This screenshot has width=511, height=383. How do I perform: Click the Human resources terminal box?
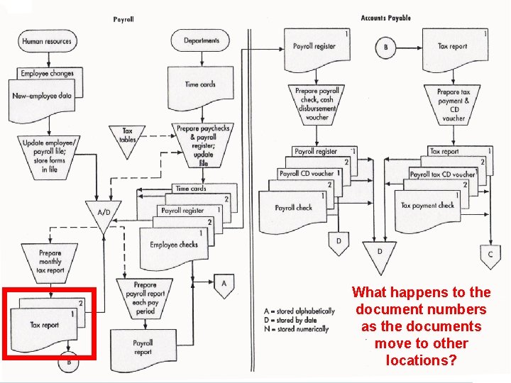pyautogui.click(x=47, y=41)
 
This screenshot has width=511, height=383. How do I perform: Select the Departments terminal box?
pyautogui.click(x=202, y=40)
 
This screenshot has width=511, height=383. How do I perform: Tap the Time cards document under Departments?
pyautogui.click(x=200, y=85)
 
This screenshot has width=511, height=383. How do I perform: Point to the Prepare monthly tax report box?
pyautogui.click(x=50, y=261)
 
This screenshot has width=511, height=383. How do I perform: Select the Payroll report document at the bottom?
pyautogui.click(x=143, y=348)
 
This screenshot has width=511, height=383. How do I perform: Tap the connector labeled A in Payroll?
pyautogui.click(x=224, y=284)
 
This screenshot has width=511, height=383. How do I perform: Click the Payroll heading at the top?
pyautogui.click(x=123, y=19)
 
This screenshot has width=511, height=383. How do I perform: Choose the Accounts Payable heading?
pyautogui.click(x=385, y=18)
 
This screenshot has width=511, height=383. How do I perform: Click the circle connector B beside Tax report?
pyautogui.click(x=385, y=48)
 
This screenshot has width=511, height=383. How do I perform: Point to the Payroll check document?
pyautogui.click(x=294, y=209)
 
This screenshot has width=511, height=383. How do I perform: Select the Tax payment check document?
pyautogui.click(x=427, y=206)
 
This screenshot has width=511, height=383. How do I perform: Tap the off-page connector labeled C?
pyautogui.click(x=490, y=254)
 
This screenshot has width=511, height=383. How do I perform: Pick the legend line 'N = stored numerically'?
pyautogui.click(x=296, y=329)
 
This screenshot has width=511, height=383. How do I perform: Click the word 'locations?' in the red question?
pyautogui.click(x=421, y=360)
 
